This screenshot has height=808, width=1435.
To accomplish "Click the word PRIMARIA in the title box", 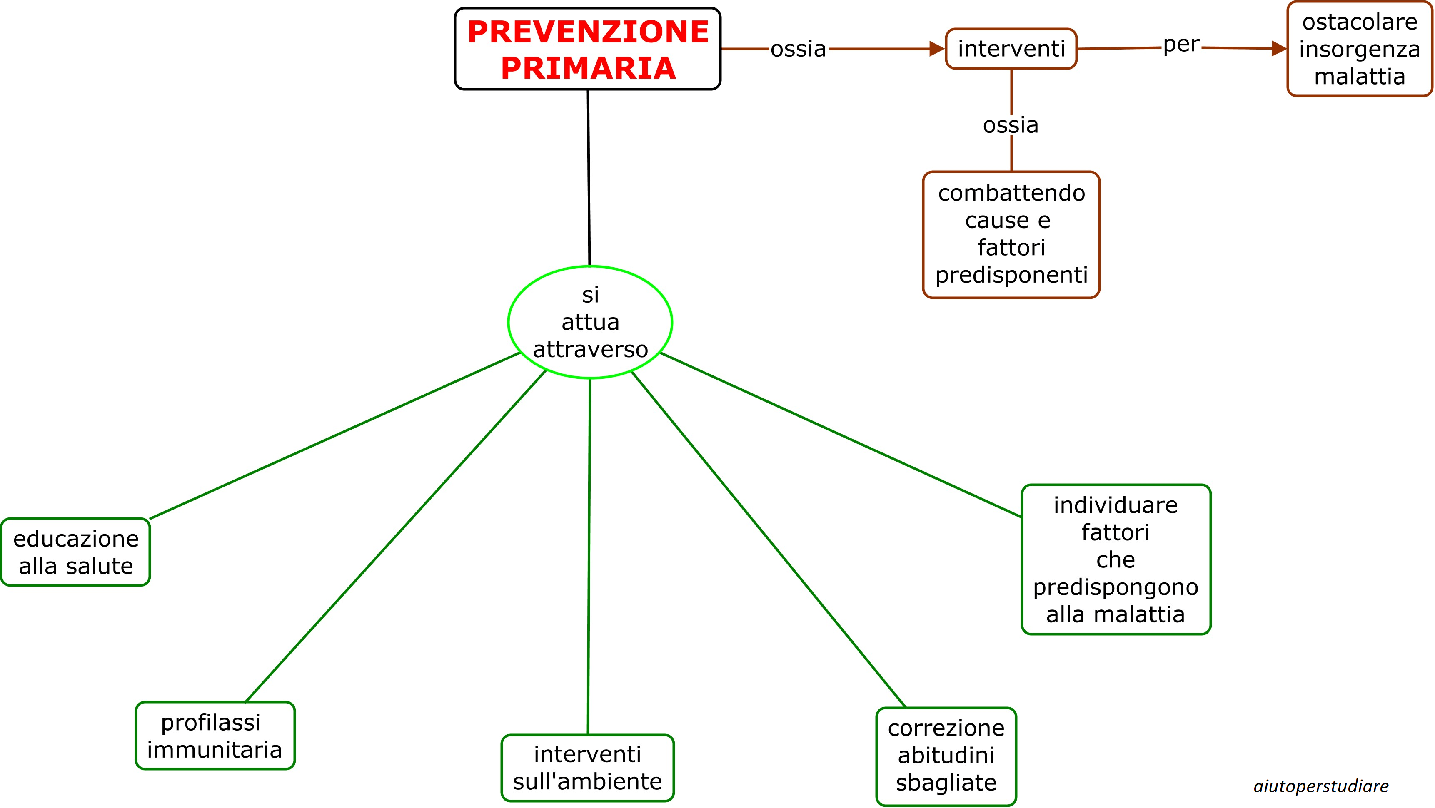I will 588,68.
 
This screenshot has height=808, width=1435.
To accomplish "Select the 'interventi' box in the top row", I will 1011,49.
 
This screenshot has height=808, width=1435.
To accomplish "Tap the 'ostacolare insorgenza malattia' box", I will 1359,49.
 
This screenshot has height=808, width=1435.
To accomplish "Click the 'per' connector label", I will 1181,45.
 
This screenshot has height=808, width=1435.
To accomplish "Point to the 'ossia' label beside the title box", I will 798,49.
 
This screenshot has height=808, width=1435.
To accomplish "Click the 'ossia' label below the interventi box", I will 1011,125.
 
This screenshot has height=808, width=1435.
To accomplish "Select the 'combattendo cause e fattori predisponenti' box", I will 1011,234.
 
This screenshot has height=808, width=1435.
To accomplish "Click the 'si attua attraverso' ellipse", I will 590,322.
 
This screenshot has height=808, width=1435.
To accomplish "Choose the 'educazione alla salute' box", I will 76,552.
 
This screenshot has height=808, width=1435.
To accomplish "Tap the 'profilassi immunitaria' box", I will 215,735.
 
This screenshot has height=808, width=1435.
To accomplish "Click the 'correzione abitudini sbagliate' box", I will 946,755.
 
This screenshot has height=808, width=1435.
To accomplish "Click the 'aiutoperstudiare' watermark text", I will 1321,786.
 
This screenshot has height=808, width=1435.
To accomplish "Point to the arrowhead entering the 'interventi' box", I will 937,49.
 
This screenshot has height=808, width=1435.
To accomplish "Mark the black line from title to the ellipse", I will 589,178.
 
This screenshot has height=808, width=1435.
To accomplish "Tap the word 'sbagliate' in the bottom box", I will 946,782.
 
